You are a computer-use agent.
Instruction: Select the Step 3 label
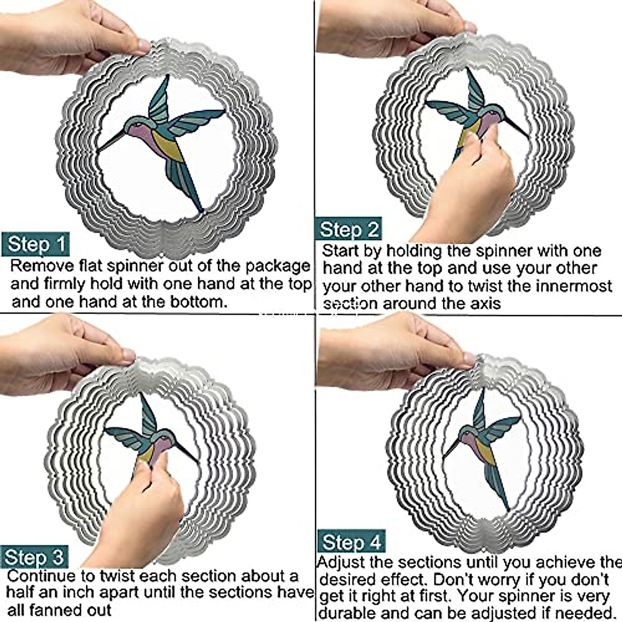(34, 557)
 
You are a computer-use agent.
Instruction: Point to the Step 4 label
(351, 542)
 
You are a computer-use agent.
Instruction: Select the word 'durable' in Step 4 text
(348, 613)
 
